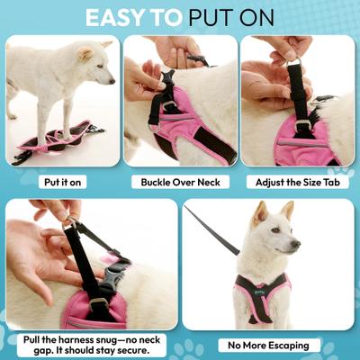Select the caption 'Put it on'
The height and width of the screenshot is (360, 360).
[64, 181]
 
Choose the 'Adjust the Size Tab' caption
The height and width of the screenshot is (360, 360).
[296, 181]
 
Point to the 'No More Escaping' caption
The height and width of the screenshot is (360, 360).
[268, 345]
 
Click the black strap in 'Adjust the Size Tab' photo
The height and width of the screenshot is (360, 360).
[298, 94]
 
